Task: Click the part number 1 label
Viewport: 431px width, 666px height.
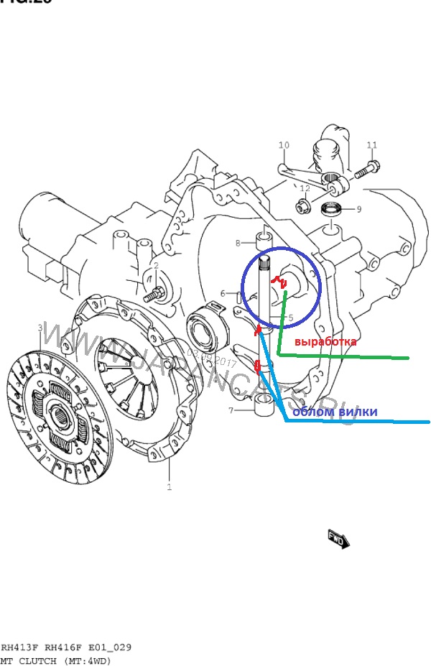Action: pyautogui.click(x=170, y=489)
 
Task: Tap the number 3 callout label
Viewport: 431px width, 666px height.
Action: pyautogui.click(x=40, y=328)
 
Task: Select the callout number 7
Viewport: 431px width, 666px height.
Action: pyautogui.click(x=231, y=411)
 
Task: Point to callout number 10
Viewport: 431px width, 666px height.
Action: pyautogui.click(x=284, y=146)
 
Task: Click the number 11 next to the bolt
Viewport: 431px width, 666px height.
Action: pyautogui.click(x=371, y=146)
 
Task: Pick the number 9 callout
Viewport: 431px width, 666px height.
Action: pyautogui.click(x=358, y=209)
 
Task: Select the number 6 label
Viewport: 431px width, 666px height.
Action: pyautogui.click(x=223, y=293)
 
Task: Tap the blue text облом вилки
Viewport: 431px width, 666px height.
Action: pyautogui.click(x=335, y=412)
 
